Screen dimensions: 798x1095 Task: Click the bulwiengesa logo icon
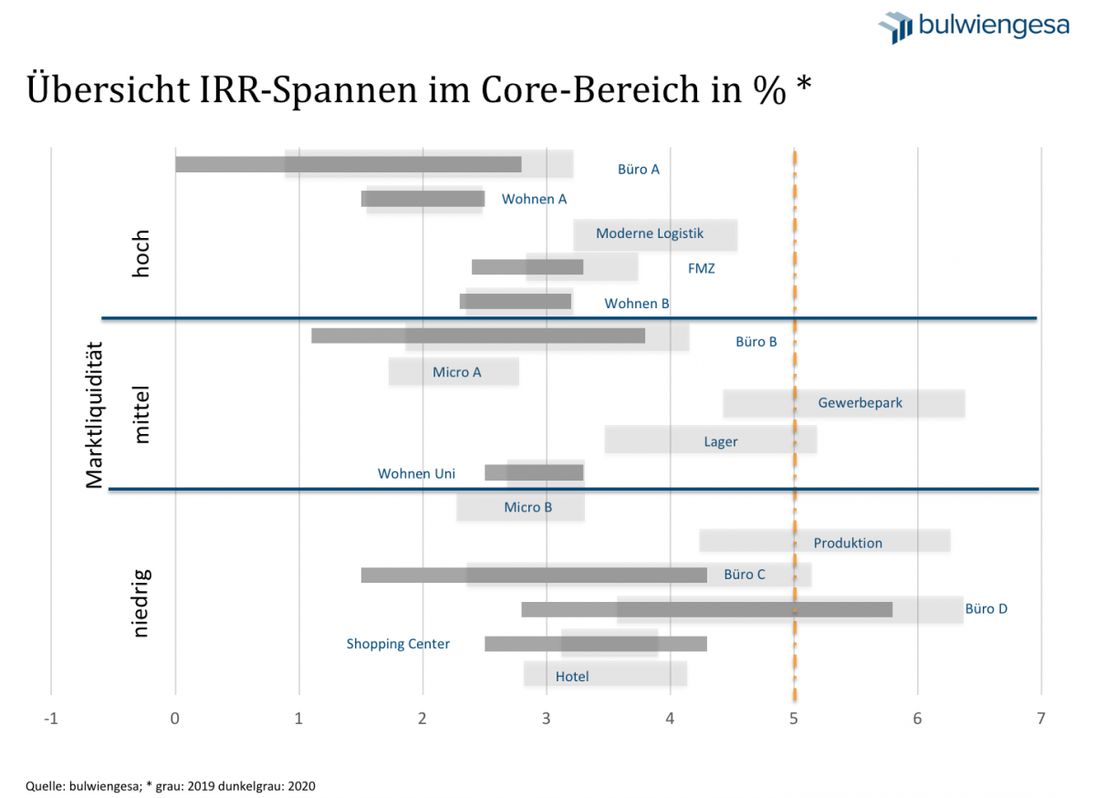(895, 26)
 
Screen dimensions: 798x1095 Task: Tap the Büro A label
(638, 169)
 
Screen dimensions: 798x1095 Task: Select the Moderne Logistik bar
(654, 234)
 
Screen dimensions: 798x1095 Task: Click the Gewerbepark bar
(843, 403)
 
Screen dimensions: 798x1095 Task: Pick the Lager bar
(710, 440)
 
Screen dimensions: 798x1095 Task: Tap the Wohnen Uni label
(416, 473)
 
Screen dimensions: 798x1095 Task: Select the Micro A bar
(454, 371)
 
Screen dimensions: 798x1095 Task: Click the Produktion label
(848, 543)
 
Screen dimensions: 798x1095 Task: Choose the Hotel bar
(605, 675)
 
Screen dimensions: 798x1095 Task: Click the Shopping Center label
(398, 644)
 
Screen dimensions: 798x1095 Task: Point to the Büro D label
(985, 608)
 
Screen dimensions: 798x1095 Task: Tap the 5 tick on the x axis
(794, 718)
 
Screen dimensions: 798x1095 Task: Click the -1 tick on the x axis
(51, 718)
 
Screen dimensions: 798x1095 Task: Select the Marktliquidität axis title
(94, 414)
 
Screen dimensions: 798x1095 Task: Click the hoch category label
(141, 254)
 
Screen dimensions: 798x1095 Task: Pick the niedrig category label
(141, 602)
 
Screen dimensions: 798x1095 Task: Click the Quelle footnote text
(171, 784)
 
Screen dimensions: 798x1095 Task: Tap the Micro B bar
(520, 507)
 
